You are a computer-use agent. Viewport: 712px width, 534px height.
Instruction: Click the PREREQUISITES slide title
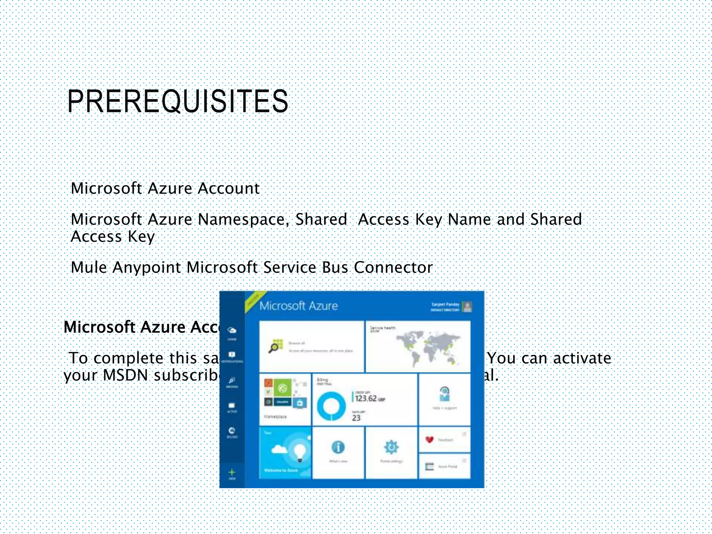coord(177,101)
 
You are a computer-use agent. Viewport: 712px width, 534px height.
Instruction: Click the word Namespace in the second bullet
coord(243,219)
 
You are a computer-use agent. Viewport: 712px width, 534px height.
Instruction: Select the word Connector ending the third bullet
coord(393,267)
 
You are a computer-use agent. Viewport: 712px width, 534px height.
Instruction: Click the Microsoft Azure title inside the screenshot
coord(298,306)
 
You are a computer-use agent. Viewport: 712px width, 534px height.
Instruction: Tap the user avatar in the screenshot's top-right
coord(468,307)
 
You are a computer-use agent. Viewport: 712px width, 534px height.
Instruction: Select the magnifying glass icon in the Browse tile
coord(275,347)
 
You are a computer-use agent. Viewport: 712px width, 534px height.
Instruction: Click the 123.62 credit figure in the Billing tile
coord(366,398)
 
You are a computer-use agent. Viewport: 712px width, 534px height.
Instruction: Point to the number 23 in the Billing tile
coord(356,418)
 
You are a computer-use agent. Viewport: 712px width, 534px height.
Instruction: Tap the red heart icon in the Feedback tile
coord(429,439)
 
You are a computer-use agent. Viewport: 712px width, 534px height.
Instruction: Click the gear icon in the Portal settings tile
coord(391,447)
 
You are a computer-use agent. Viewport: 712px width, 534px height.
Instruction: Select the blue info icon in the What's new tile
coord(338,447)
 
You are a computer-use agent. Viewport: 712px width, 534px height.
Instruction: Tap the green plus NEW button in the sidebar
coord(232,472)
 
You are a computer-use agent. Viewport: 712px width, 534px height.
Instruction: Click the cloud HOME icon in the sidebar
coord(232,330)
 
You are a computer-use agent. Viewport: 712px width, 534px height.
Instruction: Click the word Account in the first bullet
coord(228,188)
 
